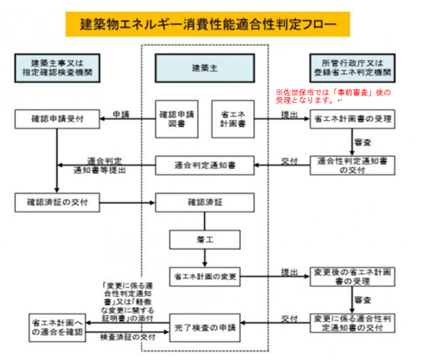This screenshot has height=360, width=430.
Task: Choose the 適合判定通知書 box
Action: (x=205, y=166)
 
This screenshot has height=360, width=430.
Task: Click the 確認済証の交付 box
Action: (x=56, y=201)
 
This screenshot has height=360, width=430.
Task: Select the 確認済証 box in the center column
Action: (x=205, y=201)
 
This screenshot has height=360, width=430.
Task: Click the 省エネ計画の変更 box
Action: (x=205, y=275)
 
